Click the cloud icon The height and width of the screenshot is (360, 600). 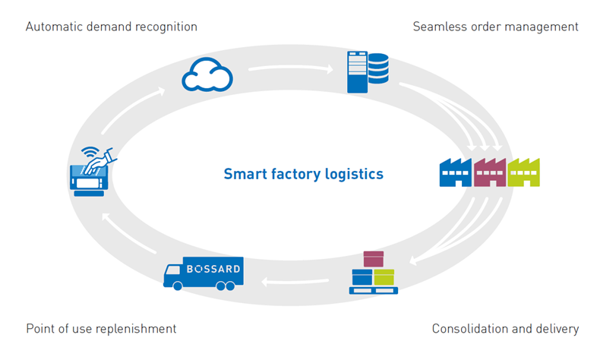(x=207, y=74)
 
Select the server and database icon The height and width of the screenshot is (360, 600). (x=368, y=71)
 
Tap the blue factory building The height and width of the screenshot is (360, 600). (x=456, y=172)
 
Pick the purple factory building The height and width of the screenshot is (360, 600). (x=490, y=172)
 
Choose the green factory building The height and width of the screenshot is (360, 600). (x=523, y=172)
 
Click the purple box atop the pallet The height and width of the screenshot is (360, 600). (x=374, y=259)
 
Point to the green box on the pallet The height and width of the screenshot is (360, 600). (x=384, y=277)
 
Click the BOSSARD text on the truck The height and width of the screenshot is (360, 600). (x=213, y=269)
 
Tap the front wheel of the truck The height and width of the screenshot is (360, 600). (x=178, y=286)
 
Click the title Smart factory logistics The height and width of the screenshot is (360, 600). (x=303, y=174)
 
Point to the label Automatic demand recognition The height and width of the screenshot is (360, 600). (x=112, y=27)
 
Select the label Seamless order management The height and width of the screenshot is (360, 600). (x=495, y=27)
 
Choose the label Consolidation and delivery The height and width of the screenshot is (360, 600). (x=505, y=329)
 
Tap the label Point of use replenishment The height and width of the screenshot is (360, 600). (x=101, y=329)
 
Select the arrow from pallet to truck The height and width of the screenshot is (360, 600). (x=295, y=283)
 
